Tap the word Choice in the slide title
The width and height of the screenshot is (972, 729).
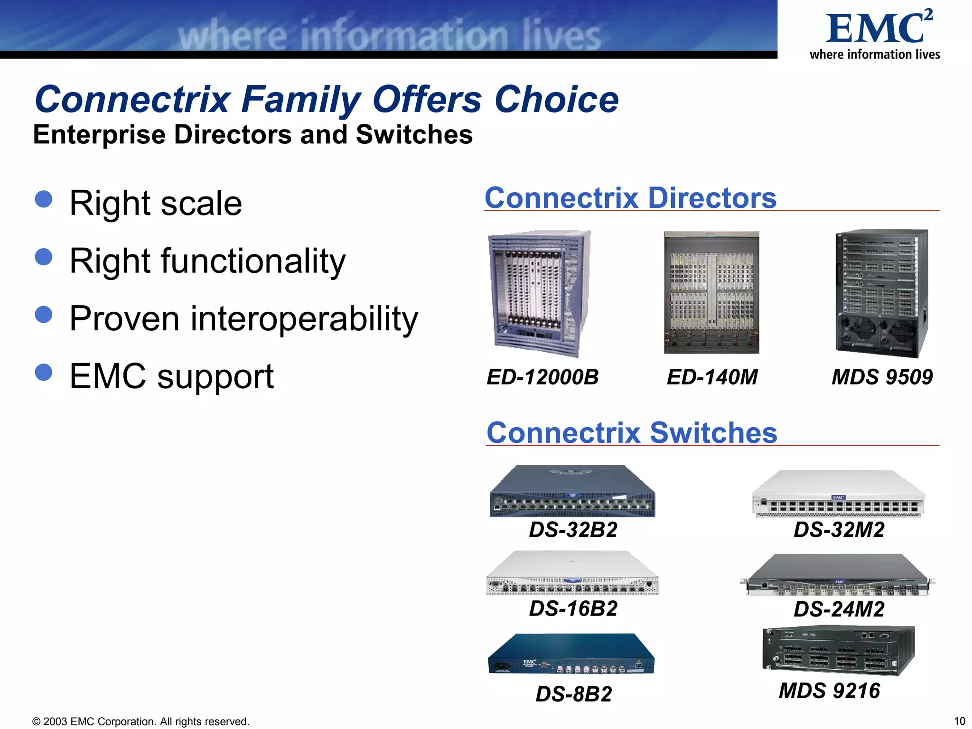tap(556, 100)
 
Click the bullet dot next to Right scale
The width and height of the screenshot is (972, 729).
tap(44, 199)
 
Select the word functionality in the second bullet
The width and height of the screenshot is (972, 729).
tap(253, 262)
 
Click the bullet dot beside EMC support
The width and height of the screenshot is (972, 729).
tap(44, 372)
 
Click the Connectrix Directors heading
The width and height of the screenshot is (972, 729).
tap(630, 198)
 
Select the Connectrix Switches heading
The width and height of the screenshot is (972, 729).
tap(632, 433)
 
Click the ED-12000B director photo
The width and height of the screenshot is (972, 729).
tap(540, 293)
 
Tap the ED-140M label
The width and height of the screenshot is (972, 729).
tap(712, 377)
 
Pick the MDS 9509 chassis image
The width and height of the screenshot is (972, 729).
tap(882, 293)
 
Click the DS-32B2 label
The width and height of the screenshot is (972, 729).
tap(573, 530)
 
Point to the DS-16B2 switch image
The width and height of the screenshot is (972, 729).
tap(572, 573)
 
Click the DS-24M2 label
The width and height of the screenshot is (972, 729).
tap(839, 609)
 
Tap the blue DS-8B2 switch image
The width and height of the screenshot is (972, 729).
tap(571, 654)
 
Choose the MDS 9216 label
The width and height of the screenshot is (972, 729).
tap(829, 691)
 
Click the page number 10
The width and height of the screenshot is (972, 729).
tap(959, 721)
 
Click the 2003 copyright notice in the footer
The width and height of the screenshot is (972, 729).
tap(140, 722)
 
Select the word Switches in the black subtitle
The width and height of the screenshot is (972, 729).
tap(414, 135)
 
